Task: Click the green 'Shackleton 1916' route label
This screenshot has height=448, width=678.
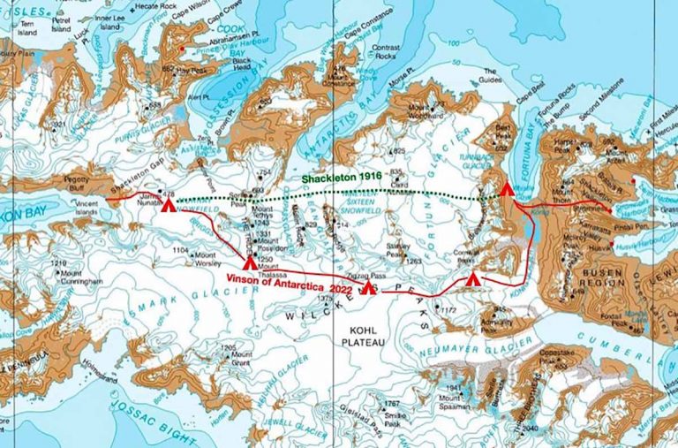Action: (341, 178)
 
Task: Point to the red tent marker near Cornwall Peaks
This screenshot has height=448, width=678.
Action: (473, 279)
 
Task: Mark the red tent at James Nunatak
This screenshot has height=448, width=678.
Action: (169, 204)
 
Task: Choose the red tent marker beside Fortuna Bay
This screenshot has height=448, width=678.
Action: (506, 187)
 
